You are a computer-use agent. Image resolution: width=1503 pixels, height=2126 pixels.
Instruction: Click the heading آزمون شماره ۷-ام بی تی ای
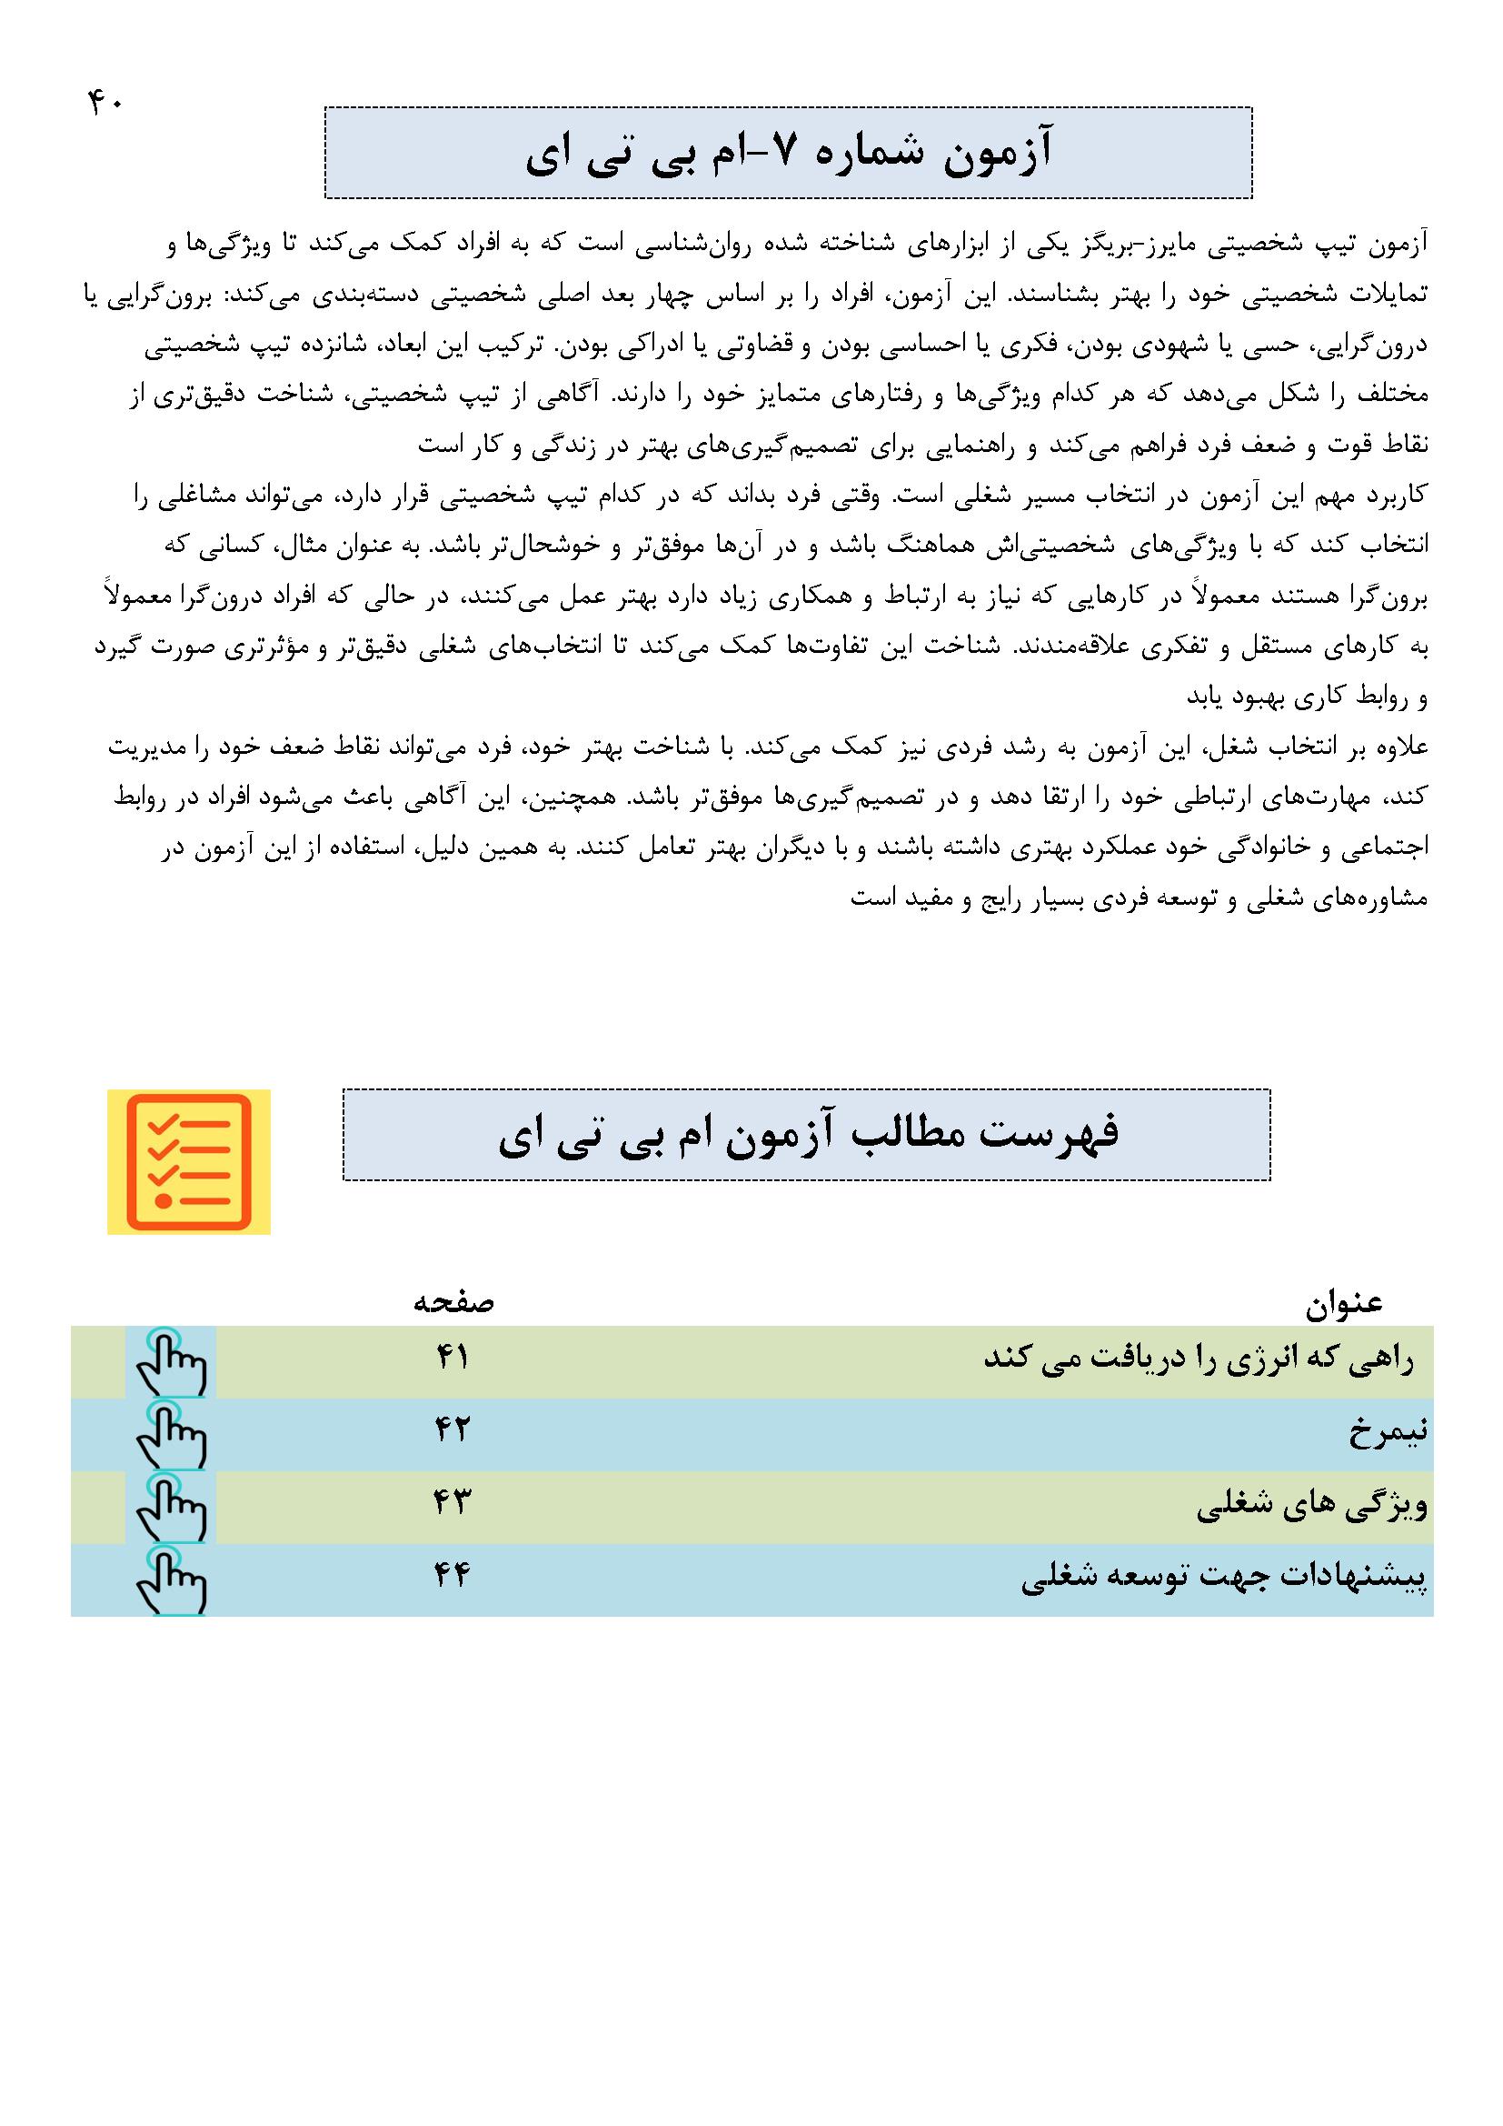click(789, 154)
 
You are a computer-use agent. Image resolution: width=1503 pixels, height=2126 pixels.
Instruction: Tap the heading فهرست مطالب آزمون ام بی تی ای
click(807, 1135)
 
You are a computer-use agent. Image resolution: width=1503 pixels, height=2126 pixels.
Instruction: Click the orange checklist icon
click(189, 1162)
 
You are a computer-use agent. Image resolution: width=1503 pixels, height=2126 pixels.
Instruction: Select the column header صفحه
click(453, 1303)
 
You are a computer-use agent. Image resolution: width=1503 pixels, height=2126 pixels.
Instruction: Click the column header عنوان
click(1344, 1304)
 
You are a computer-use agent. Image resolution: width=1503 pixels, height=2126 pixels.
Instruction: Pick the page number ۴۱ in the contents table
click(453, 1359)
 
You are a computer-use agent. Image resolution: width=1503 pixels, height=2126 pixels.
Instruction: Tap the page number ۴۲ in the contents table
click(453, 1431)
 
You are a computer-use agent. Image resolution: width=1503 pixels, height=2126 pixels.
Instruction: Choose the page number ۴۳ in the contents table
click(453, 1504)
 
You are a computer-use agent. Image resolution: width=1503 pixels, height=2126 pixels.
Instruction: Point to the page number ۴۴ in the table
click(453, 1576)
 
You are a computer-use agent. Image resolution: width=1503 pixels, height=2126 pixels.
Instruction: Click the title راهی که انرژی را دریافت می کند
click(1199, 1361)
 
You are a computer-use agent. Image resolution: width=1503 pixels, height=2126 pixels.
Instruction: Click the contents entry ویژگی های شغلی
click(1312, 1506)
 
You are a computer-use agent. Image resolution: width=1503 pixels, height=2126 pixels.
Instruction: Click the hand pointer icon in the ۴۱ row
click(170, 1361)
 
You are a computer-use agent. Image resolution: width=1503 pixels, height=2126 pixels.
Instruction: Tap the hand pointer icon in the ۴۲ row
click(170, 1433)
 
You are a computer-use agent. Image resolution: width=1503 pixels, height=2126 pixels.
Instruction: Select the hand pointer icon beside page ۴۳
click(170, 1506)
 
